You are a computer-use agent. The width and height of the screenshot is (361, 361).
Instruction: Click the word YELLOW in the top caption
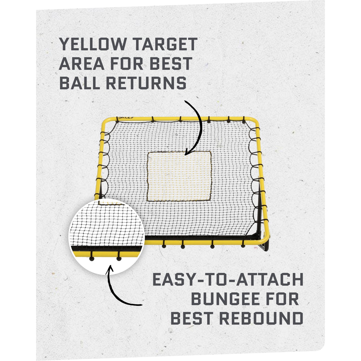(93, 44)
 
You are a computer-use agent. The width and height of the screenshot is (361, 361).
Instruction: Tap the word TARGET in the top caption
(165, 44)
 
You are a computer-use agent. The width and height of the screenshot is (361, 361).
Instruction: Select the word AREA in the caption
(81, 64)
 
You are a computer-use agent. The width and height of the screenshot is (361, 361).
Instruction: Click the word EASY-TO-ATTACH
(228, 280)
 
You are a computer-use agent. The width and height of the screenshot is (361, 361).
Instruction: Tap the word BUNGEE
(226, 299)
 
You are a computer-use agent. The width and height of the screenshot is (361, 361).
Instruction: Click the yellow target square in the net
(179, 176)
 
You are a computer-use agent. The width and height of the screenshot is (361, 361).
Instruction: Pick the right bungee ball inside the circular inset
(119, 259)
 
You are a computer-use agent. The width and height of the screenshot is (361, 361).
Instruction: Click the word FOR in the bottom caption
(282, 299)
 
